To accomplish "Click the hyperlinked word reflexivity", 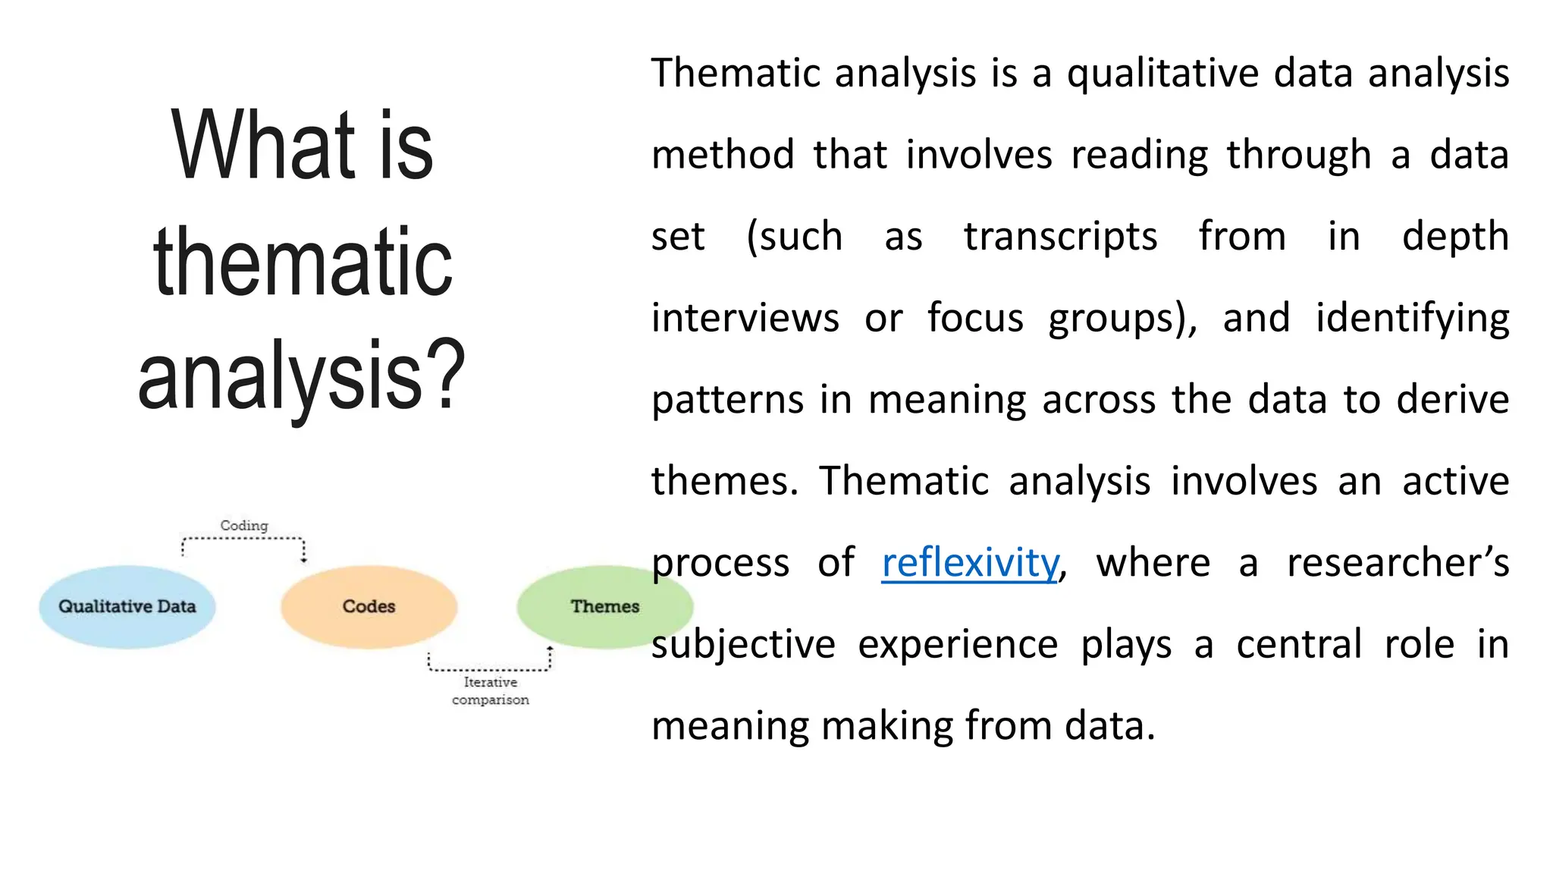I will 969,563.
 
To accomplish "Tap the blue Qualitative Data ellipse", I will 127,606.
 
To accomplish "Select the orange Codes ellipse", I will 369,606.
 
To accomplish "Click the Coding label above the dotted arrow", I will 243,525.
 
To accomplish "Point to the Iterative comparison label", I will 490,690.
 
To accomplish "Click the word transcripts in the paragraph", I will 1060,237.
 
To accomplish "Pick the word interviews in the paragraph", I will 745,318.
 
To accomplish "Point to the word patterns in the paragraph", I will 726,400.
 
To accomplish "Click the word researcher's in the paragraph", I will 1397,563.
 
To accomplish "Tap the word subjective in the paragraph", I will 742,644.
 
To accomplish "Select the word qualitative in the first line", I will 1162,74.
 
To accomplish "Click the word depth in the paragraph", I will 1454,237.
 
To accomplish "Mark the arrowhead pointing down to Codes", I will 304,559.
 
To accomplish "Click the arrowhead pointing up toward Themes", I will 551,650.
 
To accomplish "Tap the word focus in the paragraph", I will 974,318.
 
